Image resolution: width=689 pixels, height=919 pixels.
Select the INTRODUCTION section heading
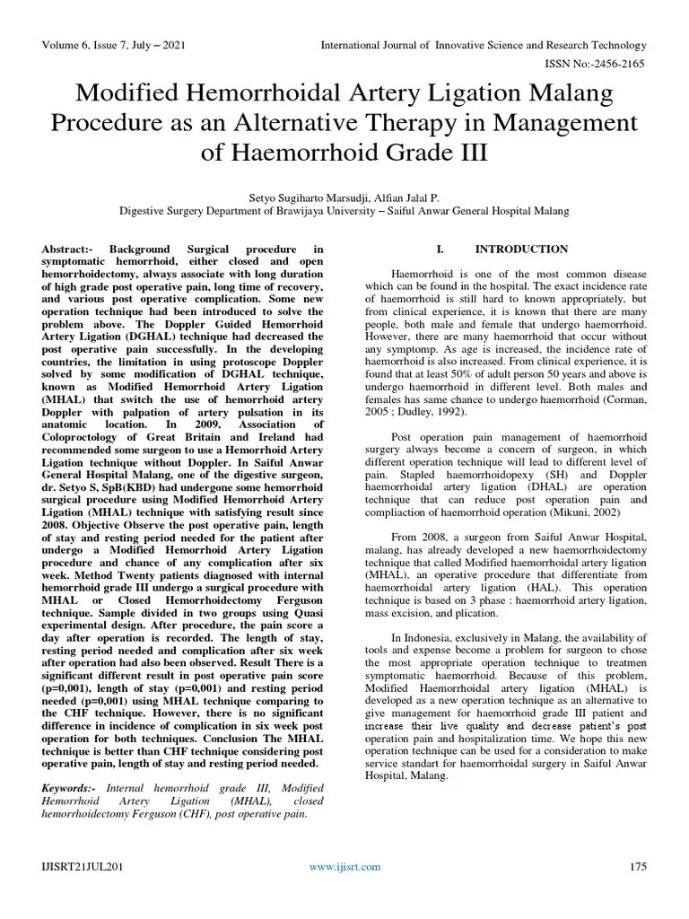(521, 249)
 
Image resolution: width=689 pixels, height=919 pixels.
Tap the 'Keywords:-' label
(71, 787)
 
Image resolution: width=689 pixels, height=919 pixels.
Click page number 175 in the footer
(638, 866)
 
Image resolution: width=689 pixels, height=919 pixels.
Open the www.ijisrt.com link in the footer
(344, 866)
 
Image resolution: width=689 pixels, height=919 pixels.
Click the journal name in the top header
(483, 45)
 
